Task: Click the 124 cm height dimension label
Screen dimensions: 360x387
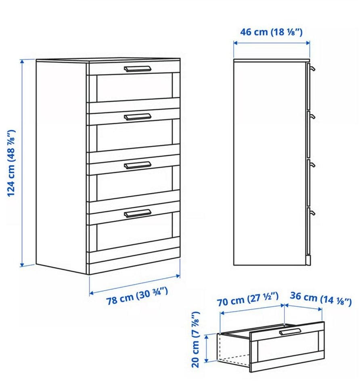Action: coord(11,163)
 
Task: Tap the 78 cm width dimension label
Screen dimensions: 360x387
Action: coord(137,296)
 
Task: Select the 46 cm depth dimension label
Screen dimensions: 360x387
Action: coord(271,32)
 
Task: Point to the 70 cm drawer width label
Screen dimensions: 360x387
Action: coord(248,300)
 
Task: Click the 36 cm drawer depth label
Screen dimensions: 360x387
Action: coord(320,299)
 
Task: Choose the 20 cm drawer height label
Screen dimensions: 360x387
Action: coord(195,339)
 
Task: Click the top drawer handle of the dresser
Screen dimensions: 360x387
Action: coord(137,69)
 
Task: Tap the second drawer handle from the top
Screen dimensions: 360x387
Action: coord(137,117)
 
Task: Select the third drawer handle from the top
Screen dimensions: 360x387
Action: coord(137,165)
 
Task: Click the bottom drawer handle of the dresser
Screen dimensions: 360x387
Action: coord(137,213)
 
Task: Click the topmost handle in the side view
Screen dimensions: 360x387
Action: coord(312,68)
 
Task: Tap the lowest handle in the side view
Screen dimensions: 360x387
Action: coord(312,213)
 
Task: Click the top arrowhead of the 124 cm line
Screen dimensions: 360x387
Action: coord(22,62)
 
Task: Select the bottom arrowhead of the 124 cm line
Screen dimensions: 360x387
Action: coord(22,264)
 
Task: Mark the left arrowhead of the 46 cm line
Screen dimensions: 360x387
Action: coord(236,43)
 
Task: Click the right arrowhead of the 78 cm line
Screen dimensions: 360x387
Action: coord(178,276)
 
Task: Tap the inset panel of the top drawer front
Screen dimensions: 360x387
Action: coord(134,87)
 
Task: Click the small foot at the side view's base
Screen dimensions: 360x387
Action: coord(308,260)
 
